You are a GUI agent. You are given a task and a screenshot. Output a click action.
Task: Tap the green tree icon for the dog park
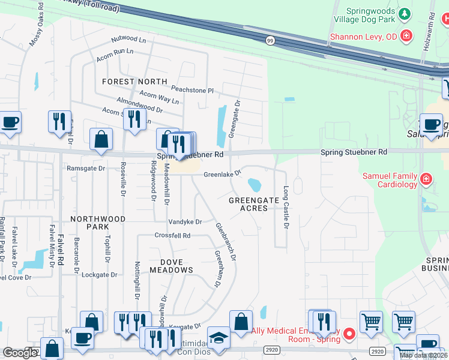406,13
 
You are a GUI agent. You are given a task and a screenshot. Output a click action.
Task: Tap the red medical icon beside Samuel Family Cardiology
426,179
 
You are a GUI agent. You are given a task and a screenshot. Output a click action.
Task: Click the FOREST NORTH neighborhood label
134,82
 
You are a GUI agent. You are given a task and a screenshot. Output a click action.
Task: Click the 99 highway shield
270,40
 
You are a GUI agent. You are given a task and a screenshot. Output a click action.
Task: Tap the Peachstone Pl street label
193,90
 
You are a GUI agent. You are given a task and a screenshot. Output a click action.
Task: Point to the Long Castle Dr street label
286,208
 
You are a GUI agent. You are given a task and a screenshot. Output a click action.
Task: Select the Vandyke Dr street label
184,221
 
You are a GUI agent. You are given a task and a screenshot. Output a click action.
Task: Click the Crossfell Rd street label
172,236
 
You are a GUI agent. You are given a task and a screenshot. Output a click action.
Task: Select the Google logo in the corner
20,353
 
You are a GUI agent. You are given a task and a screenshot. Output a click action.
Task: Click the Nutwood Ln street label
129,39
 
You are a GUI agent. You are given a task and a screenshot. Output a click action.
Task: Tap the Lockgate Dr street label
100,274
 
